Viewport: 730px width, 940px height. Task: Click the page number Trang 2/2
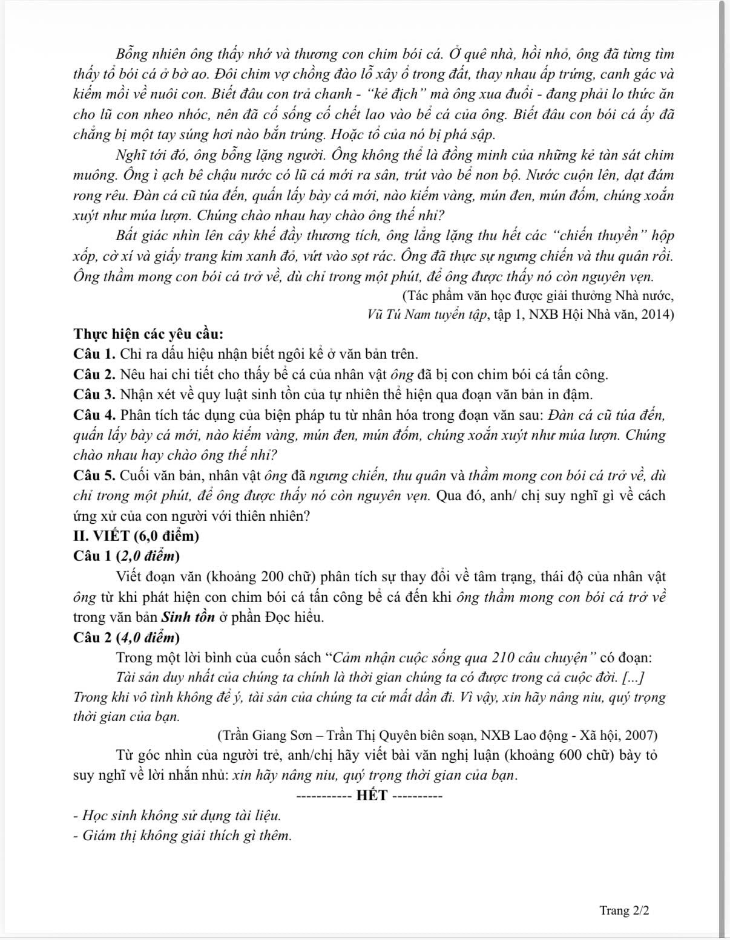tap(624, 910)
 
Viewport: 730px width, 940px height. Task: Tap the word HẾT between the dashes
tap(372, 795)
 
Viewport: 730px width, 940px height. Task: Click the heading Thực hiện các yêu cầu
tap(149, 334)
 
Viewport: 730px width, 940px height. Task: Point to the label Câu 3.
tap(94, 395)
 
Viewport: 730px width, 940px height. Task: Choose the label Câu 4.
tap(94, 415)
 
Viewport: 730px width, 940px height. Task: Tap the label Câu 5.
tap(94, 475)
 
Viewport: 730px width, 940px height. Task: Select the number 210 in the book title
tap(504, 658)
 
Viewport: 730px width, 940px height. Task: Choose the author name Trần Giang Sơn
tap(268, 736)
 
